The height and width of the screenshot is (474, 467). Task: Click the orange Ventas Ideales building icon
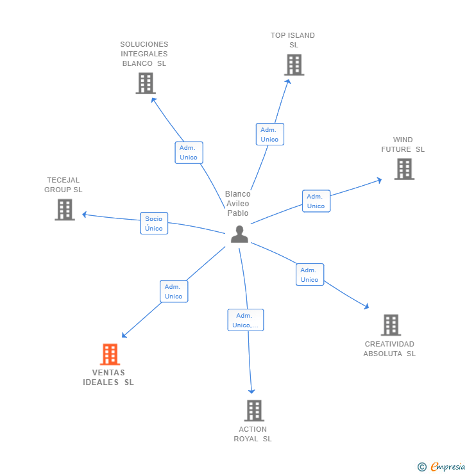click(110, 354)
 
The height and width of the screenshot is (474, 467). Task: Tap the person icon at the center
click(239, 234)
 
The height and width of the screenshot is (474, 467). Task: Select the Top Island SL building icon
click(294, 65)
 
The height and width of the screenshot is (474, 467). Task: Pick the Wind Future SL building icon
click(404, 169)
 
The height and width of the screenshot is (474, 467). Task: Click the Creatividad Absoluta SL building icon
click(391, 325)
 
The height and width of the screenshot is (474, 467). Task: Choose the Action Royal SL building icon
click(254, 410)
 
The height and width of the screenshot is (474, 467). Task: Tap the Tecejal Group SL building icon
click(65, 209)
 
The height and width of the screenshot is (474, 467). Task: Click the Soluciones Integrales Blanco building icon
click(146, 83)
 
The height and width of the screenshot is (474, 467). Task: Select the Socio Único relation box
click(154, 223)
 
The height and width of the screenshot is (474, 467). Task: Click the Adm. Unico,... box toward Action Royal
click(246, 320)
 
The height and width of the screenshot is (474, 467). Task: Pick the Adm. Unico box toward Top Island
click(269, 135)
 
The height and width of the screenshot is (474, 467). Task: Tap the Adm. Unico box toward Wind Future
click(316, 201)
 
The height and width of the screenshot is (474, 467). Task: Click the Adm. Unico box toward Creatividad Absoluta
click(309, 275)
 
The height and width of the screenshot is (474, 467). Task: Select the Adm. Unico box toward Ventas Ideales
click(173, 291)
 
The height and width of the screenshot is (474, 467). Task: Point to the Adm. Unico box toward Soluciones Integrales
click(189, 152)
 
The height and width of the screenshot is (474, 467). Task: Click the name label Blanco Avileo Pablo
click(238, 204)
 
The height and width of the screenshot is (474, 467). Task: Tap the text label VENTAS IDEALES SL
click(108, 377)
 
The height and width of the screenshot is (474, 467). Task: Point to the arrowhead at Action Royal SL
click(252, 391)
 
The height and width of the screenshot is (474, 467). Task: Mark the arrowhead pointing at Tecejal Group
click(84, 215)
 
